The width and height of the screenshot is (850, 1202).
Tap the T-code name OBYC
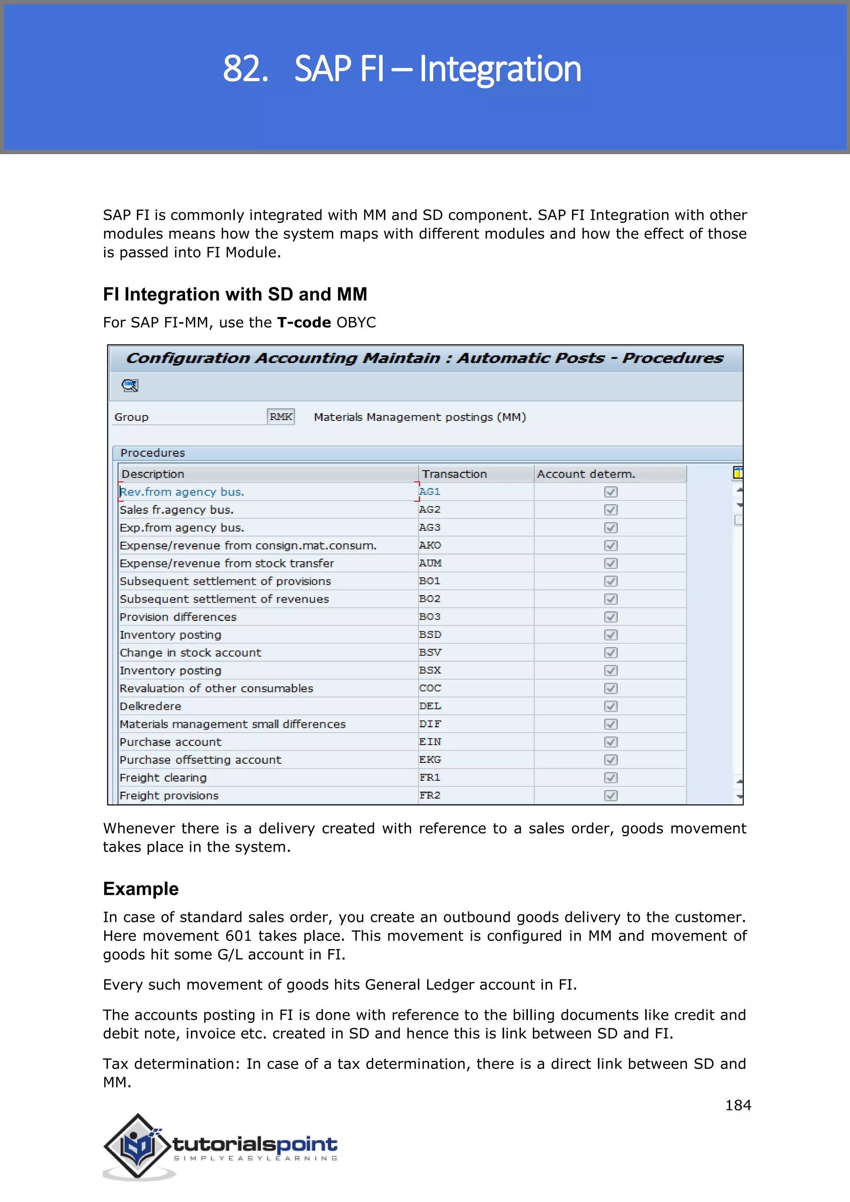click(x=356, y=322)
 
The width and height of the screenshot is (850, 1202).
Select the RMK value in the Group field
click(x=281, y=417)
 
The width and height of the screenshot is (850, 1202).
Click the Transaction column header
click(x=454, y=474)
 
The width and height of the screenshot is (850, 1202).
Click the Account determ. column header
click(x=586, y=474)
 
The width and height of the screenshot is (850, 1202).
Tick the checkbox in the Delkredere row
click(x=610, y=706)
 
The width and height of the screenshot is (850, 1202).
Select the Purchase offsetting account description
click(x=200, y=760)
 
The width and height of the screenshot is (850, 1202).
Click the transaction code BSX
click(x=430, y=670)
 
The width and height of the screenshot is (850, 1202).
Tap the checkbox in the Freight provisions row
click(x=610, y=795)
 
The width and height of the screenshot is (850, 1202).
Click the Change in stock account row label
click(x=191, y=653)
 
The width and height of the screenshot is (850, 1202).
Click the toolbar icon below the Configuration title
click(x=129, y=386)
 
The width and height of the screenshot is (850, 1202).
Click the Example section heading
click(x=141, y=889)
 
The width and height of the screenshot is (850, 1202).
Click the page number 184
click(x=738, y=1105)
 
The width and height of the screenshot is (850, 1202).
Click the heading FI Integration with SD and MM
click(x=235, y=294)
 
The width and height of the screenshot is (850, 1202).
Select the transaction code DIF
click(x=430, y=724)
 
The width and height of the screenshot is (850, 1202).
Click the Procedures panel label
click(x=152, y=453)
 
